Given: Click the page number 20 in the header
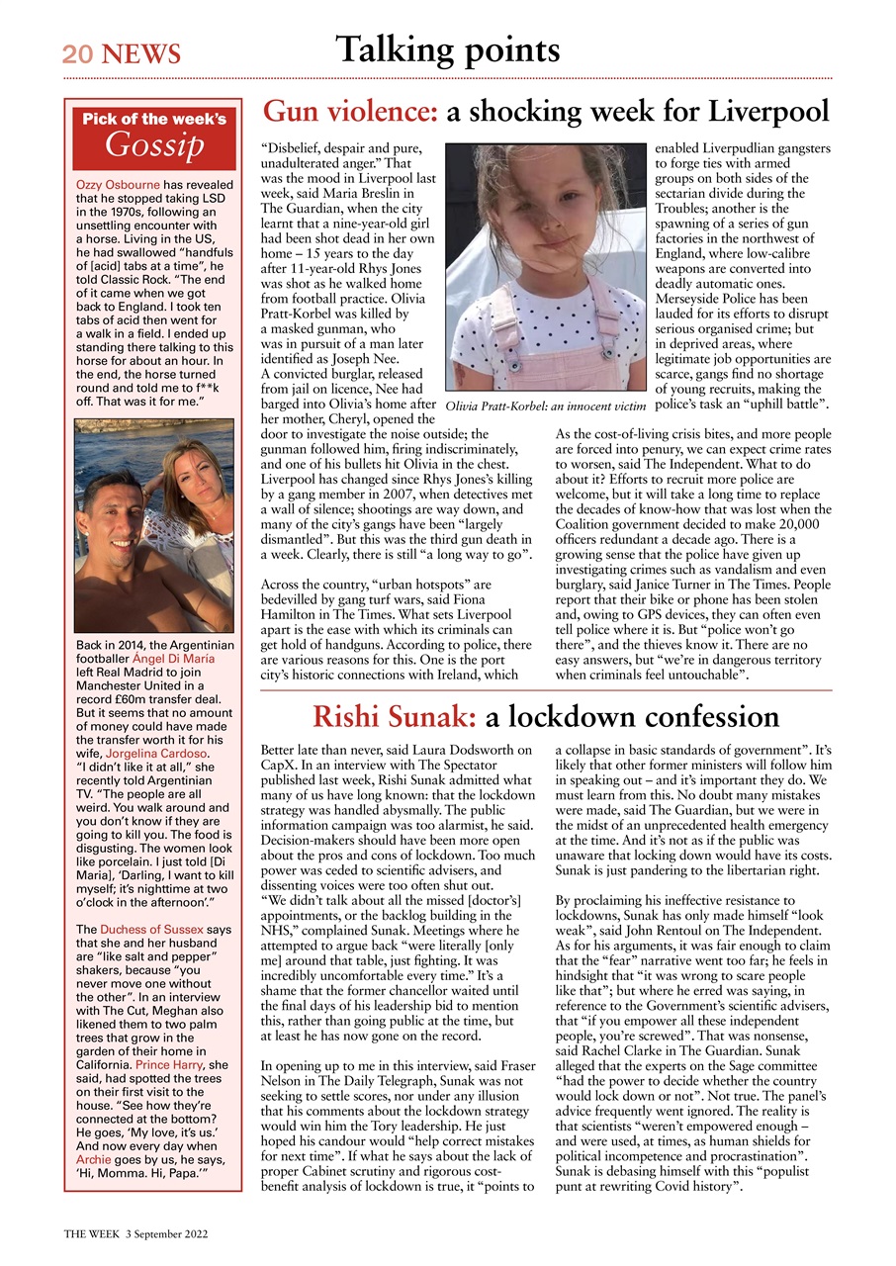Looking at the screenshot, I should tap(76, 53).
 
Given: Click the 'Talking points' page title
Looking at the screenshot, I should tap(447, 48).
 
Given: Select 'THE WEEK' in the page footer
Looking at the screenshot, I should tap(92, 1235).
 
